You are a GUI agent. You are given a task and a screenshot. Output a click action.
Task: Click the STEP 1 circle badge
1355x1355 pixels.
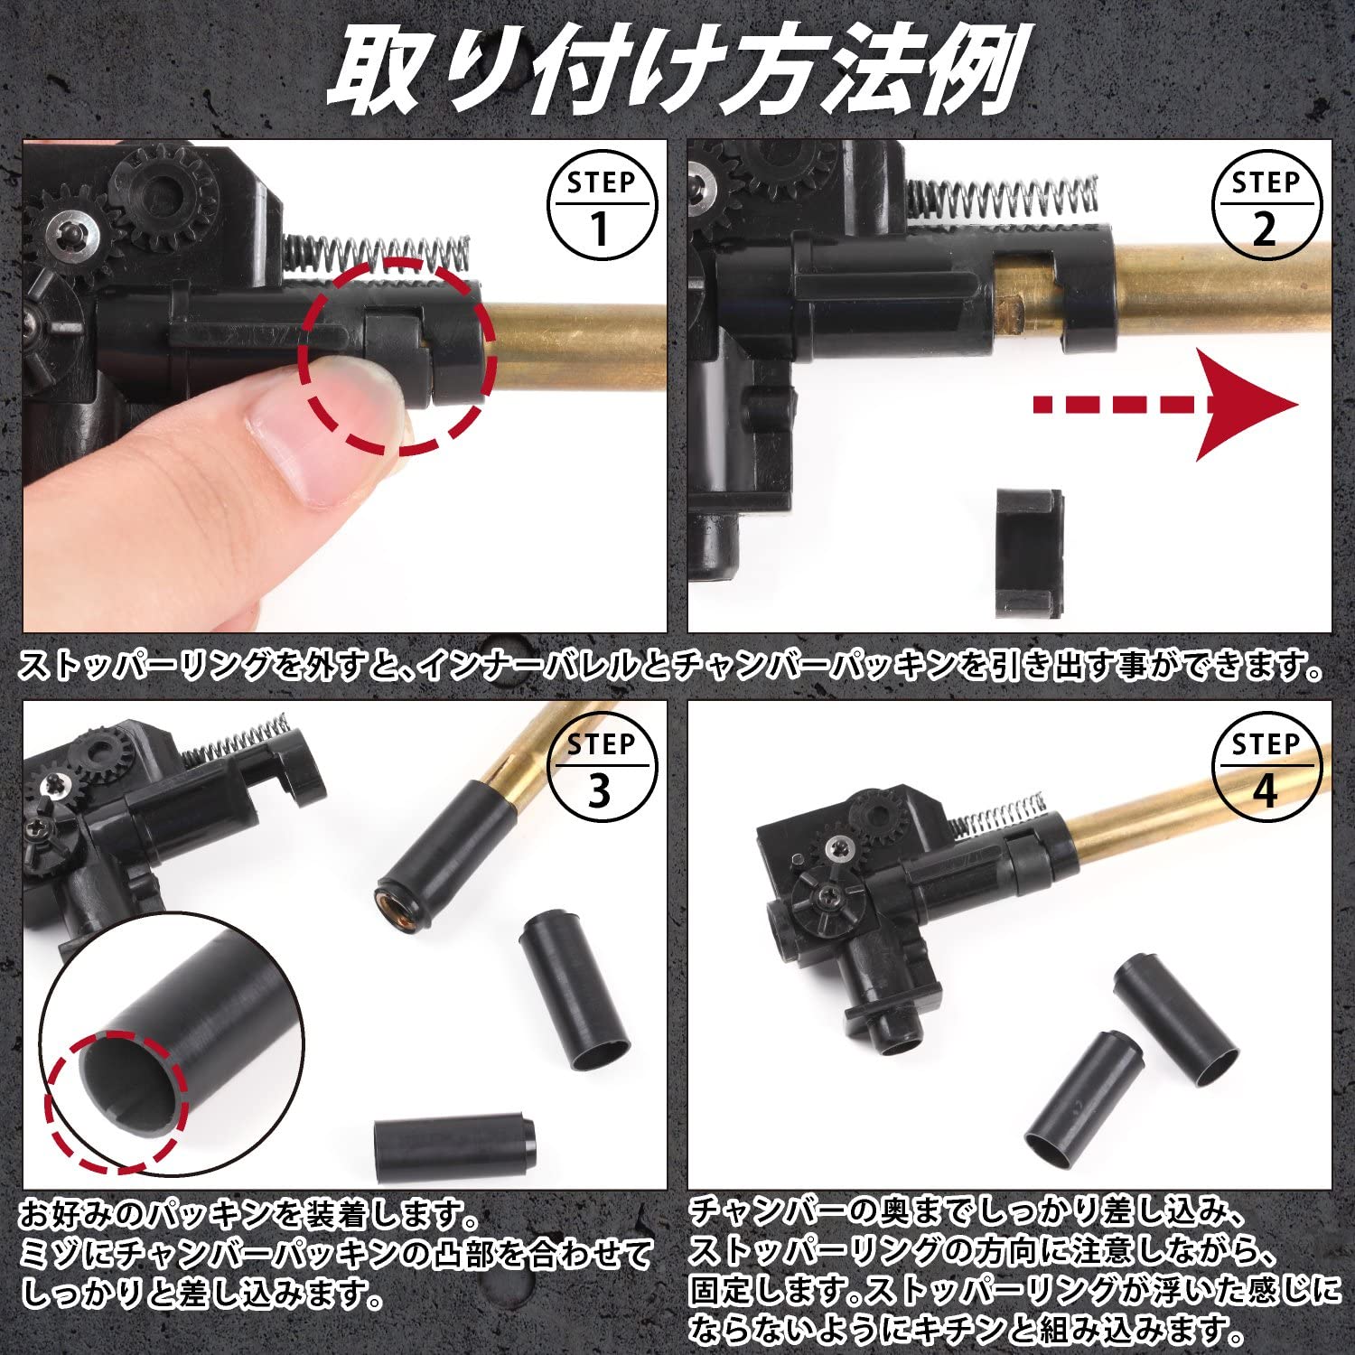coord(602,207)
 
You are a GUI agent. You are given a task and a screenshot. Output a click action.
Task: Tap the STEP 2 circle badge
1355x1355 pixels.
coord(1266,207)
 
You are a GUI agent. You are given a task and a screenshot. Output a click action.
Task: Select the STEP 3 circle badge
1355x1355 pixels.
coord(602,769)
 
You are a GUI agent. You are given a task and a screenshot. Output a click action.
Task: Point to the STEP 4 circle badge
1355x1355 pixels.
coord(1266,769)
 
